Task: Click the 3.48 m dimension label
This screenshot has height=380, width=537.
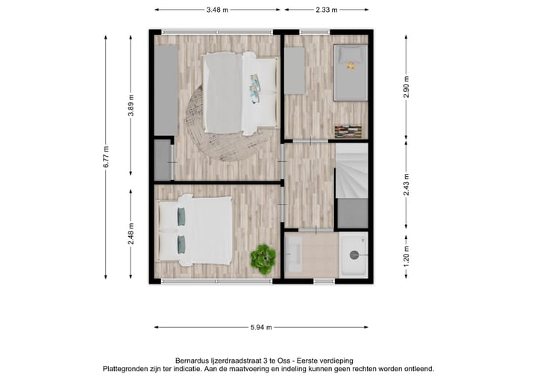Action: (217, 10)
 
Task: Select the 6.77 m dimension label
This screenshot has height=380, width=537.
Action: (107, 157)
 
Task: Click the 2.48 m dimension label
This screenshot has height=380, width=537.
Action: (131, 234)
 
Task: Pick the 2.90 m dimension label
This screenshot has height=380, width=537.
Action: (406, 87)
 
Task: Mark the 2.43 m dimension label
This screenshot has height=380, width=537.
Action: (406, 184)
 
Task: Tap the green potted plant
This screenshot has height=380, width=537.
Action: (263, 258)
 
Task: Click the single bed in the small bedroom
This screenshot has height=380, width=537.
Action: (350, 72)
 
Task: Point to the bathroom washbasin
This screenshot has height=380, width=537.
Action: (292, 254)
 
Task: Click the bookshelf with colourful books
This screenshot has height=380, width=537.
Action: (350, 131)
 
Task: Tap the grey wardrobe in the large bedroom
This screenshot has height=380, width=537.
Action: (166, 90)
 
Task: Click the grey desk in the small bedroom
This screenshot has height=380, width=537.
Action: (295, 70)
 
